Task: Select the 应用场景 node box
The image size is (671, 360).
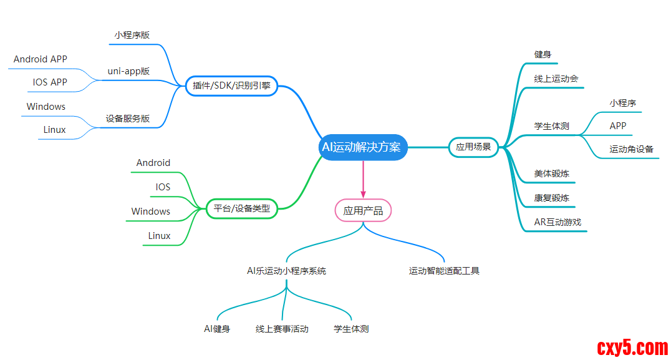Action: pyautogui.click(x=473, y=147)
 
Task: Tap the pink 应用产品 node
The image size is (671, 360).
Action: pyautogui.click(x=363, y=210)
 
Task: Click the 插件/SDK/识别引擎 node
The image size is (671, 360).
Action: pyautogui.click(x=231, y=86)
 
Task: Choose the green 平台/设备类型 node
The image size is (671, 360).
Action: pyautogui.click(x=241, y=208)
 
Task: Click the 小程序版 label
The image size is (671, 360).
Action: pyautogui.click(x=132, y=36)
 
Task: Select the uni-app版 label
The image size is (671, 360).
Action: pyautogui.click(x=128, y=71)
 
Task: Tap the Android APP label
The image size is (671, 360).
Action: pyautogui.click(x=41, y=59)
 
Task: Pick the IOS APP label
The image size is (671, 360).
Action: pyautogui.click(x=50, y=82)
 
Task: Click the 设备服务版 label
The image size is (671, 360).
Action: pyautogui.click(x=128, y=118)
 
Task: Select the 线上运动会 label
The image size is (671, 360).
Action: pyautogui.click(x=556, y=79)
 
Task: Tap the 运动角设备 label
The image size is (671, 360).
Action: pyautogui.click(x=631, y=149)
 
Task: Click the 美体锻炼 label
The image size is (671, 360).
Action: pyautogui.click(x=551, y=173)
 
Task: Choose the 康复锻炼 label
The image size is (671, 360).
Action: pyautogui.click(x=551, y=198)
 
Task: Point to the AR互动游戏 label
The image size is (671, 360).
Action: pyautogui.click(x=558, y=221)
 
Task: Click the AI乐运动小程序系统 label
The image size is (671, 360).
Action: pyautogui.click(x=286, y=271)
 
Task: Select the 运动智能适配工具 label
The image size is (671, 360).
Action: pyautogui.click(x=444, y=271)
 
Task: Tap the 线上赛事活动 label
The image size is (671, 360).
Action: pyautogui.click(x=282, y=328)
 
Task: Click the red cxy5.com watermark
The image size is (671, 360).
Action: pyautogui.click(x=632, y=347)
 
